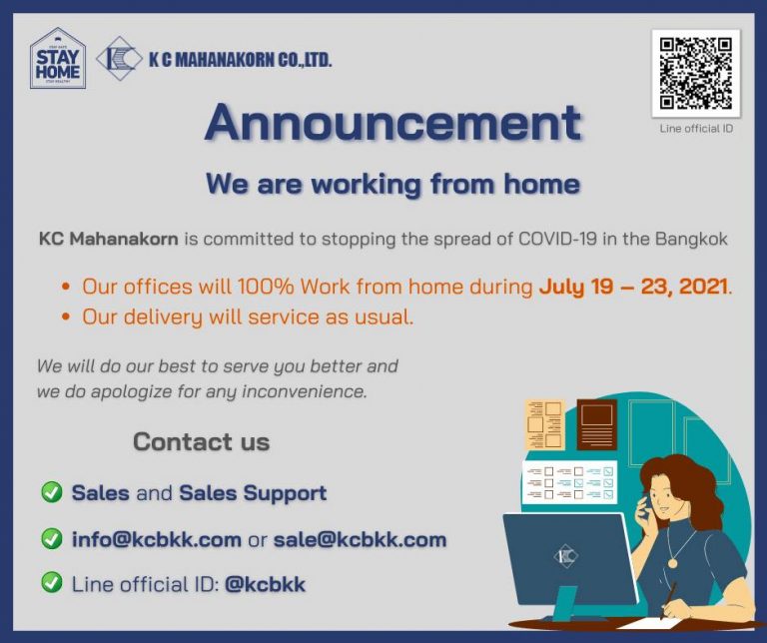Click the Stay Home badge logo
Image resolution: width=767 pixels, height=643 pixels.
[x=58, y=59]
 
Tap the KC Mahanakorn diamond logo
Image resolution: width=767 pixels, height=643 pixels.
[x=119, y=59]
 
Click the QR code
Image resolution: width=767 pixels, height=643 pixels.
[x=696, y=73]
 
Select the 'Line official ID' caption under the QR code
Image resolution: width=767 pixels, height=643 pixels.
[x=696, y=128]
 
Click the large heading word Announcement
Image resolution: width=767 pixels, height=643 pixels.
[x=392, y=124]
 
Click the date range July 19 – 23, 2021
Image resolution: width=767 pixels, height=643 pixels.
[x=633, y=288]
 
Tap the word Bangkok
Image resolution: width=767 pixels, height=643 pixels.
[x=694, y=240]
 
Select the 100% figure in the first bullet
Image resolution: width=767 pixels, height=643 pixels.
[x=265, y=288]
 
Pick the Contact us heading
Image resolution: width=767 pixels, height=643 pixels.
[x=201, y=441]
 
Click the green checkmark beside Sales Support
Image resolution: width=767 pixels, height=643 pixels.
[x=51, y=492]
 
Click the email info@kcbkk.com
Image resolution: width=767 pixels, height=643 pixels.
[x=156, y=540]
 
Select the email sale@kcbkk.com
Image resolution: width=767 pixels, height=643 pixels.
[x=360, y=540]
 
